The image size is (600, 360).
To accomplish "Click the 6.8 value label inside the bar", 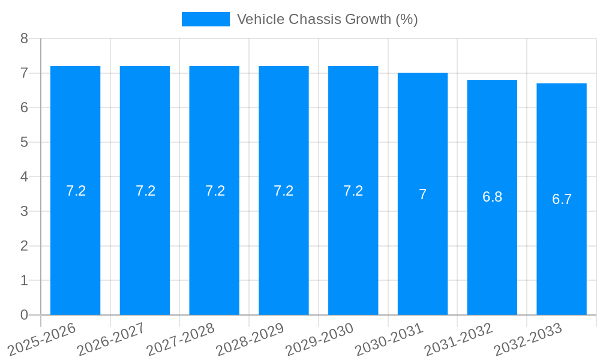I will [x=492, y=197].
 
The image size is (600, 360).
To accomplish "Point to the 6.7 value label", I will [x=562, y=200].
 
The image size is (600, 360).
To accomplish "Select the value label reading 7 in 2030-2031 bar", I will [x=422, y=194].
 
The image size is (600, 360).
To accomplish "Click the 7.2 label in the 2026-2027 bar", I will [x=145, y=191].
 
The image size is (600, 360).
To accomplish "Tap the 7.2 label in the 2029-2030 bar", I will [x=353, y=191].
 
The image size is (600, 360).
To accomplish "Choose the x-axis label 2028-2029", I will [x=249, y=338].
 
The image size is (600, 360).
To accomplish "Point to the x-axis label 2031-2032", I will [x=458, y=338].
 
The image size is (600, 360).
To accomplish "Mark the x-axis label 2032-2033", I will [x=527, y=338].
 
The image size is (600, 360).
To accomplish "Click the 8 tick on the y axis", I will [x=24, y=38].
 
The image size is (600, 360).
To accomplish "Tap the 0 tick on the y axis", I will [x=24, y=315].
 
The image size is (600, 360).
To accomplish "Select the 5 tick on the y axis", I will [x=24, y=142].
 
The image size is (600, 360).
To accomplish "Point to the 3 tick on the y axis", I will [x=24, y=211].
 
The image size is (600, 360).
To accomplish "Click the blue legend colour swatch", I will [x=205, y=19].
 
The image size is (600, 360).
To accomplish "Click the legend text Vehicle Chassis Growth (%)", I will [x=327, y=19].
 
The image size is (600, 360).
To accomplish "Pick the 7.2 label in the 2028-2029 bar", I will [x=283, y=191].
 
